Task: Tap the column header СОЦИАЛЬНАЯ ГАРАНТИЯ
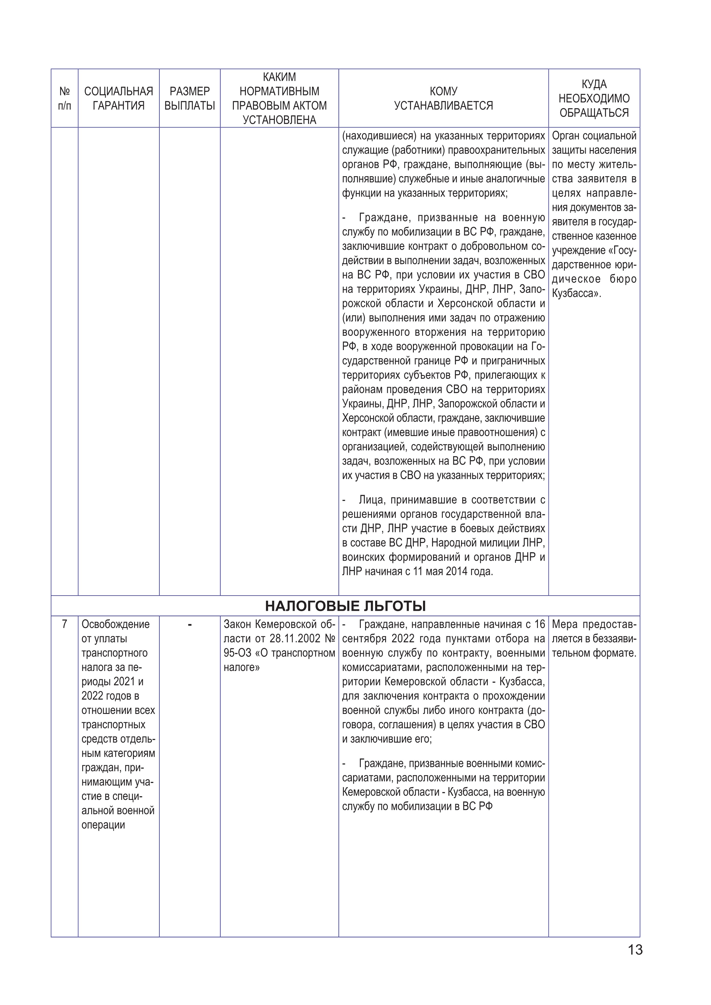click(x=119, y=99)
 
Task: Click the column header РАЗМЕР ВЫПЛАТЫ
click(x=189, y=99)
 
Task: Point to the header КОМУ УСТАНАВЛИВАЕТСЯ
click(x=444, y=99)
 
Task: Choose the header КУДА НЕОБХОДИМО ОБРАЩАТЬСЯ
click(x=594, y=99)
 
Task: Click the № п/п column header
click(x=64, y=99)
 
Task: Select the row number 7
click(x=64, y=624)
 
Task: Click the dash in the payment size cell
click(x=189, y=625)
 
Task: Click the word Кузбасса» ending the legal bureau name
click(x=577, y=294)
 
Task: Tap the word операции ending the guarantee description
click(x=103, y=825)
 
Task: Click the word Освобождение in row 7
click(x=115, y=624)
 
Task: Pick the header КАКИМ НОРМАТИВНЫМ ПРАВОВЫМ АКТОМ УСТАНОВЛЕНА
click(x=279, y=99)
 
